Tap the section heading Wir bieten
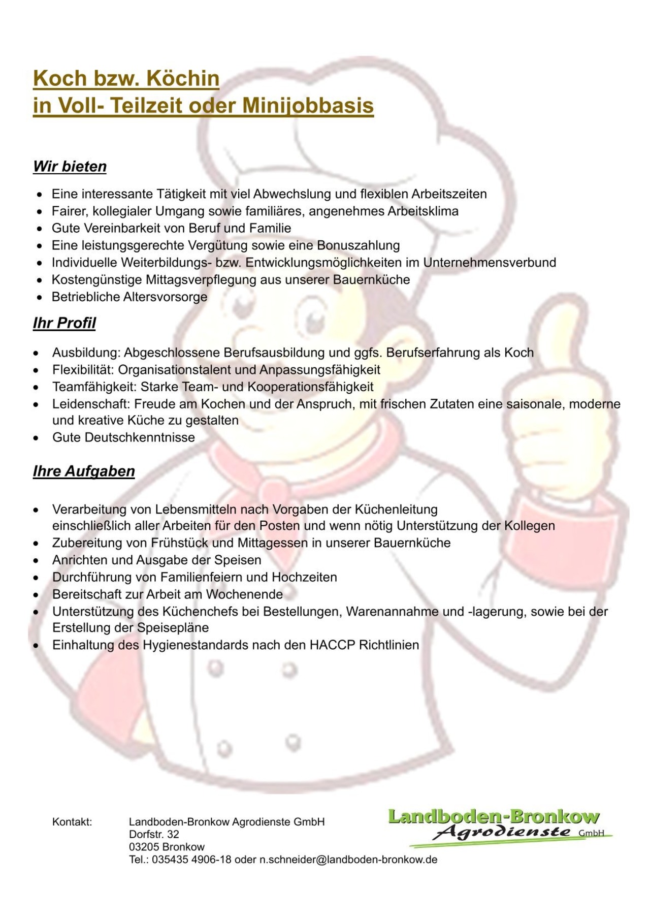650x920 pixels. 70,167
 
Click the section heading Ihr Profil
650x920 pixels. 64,323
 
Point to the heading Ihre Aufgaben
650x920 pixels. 84,471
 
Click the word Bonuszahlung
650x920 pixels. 359,245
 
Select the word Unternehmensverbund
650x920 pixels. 490,263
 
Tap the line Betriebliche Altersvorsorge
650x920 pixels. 129,297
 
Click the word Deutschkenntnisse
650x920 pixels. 140,437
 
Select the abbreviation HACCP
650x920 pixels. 332,645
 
